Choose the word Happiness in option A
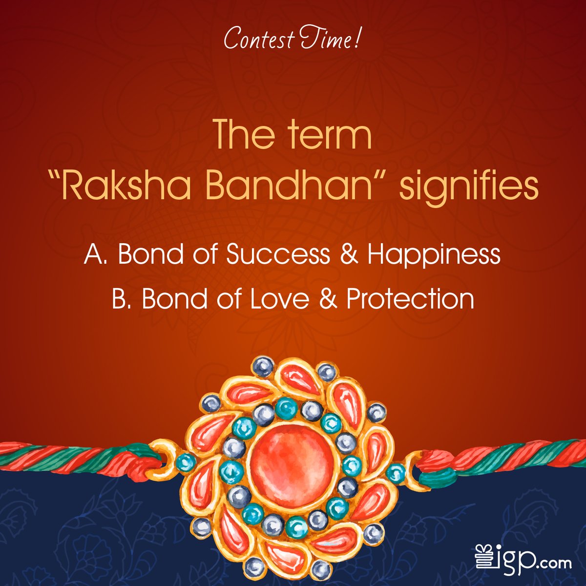(434, 256)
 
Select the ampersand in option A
(347, 255)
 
